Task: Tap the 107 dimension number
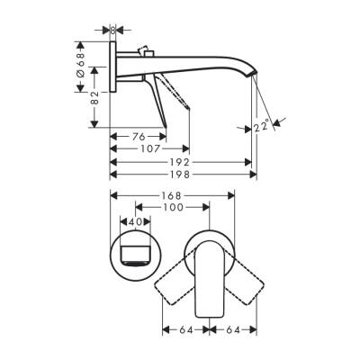[149, 148]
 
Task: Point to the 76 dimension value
[133, 136]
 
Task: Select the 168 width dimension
[173, 195]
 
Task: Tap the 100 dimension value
[173, 207]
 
